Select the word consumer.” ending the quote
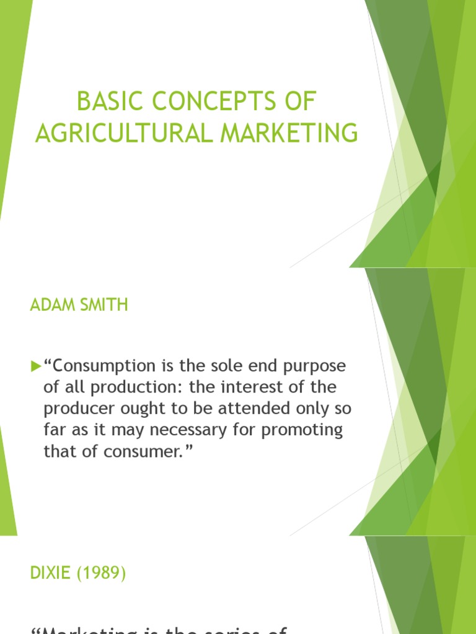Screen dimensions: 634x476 tap(157, 451)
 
